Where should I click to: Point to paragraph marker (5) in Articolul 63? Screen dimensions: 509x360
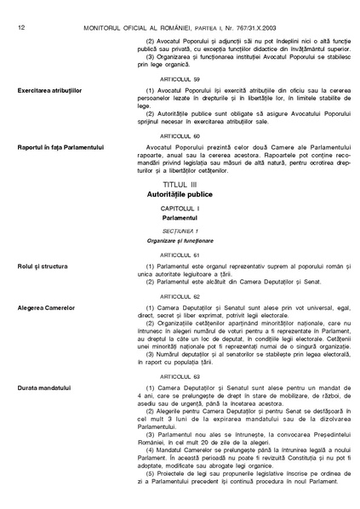[151, 472]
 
